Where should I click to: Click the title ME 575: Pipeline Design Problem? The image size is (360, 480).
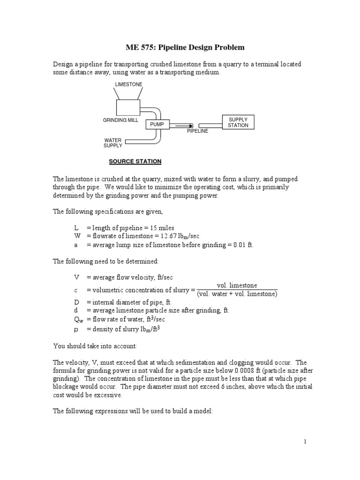179,47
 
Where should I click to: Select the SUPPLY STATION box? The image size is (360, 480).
238,123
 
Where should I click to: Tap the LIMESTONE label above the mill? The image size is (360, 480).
128,84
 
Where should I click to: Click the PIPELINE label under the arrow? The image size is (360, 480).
197,131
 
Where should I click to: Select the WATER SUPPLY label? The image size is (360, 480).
112,143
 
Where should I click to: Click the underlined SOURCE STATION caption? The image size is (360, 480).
135,161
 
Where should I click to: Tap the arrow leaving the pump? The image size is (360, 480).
181,125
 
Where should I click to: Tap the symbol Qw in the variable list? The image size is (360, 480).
77,319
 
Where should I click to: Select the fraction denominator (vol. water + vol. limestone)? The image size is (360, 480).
237,294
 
